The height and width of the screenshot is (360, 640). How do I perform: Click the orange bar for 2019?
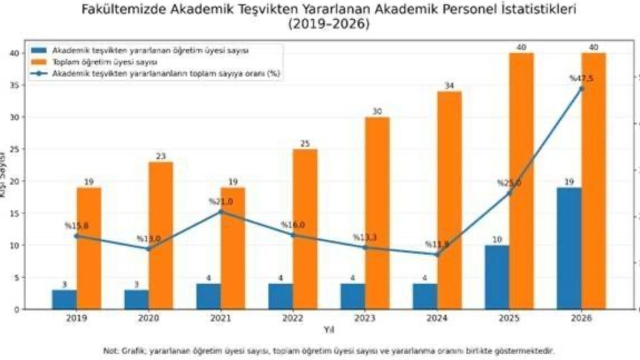point(89,248)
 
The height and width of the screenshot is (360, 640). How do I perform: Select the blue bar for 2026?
point(569,248)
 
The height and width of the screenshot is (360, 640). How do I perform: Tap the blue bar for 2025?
point(497,277)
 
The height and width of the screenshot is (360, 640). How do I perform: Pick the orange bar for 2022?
point(305,229)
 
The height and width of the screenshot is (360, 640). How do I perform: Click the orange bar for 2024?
point(449,200)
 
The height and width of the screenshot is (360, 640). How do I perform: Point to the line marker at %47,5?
point(581,88)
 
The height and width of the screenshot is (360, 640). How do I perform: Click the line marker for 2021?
point(220,211)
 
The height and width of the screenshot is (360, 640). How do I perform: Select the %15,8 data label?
point(76,226)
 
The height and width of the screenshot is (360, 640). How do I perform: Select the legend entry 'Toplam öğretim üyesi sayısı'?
point(105,62)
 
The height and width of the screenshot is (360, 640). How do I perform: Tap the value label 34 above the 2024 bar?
point(449,86)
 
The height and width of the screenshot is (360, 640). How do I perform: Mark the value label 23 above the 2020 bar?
point(160,156)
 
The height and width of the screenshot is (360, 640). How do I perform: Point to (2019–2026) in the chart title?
point(328,24)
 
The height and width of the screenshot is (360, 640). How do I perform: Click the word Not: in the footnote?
point(110,351)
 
